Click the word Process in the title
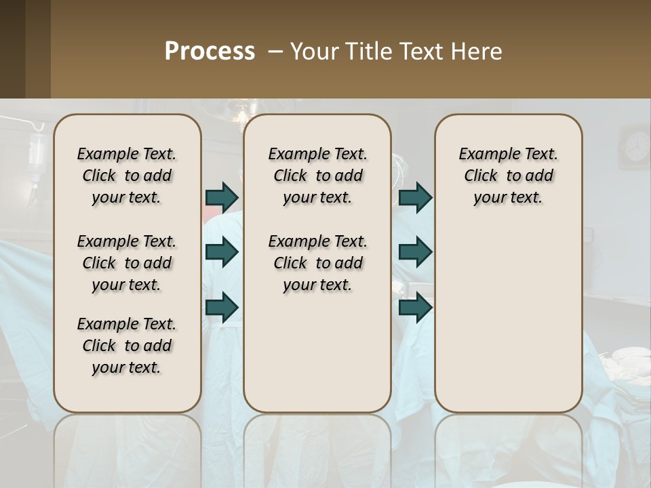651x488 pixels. tap(210, 51)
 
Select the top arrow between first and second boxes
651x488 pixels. tap(222, 197)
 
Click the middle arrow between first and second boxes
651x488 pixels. tap(222, 252)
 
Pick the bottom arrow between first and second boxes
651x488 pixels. tap(222, 307)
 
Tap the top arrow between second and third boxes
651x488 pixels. tap(415, 197)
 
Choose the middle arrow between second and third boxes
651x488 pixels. tap(415, 252)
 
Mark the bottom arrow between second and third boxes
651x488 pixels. tap(415, 307)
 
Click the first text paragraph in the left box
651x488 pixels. tap(127, 176)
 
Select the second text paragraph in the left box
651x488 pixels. tap(127, 263)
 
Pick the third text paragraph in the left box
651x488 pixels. tap(127, 346)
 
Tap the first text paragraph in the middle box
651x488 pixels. tap(318, 176)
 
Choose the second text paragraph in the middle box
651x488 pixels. tap(318, 263)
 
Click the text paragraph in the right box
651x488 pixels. tap(509, 176)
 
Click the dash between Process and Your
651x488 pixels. tap(275, 52)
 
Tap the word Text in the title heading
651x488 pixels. tap(417, 52)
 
